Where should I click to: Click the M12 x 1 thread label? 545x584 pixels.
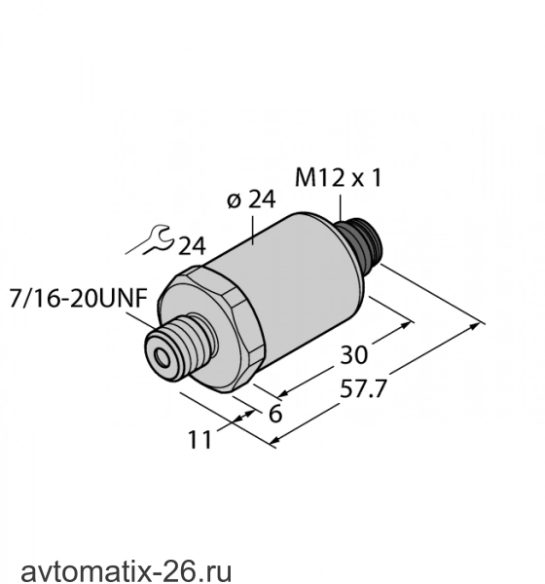339,178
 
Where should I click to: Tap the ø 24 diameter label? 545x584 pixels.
251,200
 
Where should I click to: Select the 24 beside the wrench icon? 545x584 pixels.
192,246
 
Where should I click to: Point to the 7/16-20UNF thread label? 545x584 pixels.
78,299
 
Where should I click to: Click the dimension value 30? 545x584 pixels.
353,355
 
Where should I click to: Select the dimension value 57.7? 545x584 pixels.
362,389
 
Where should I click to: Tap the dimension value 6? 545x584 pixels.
275,414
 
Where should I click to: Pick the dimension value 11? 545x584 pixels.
200,440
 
